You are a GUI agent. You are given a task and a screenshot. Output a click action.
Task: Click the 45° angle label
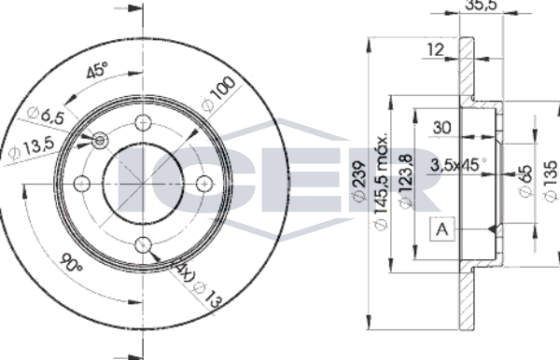[x=97, y=70]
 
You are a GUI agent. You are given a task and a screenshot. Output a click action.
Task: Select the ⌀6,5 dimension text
[x=46, y=116]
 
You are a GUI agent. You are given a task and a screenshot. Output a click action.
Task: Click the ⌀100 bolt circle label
[x=218, y=94]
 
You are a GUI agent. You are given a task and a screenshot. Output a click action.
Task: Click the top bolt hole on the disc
[x=143, y=123]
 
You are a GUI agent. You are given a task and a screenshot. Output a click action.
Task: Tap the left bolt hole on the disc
[x=82, y=184]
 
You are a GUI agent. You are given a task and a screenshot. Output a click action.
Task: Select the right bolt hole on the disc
[x=204, y=184]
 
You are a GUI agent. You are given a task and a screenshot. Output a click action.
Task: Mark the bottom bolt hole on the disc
[x=143, y=245]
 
